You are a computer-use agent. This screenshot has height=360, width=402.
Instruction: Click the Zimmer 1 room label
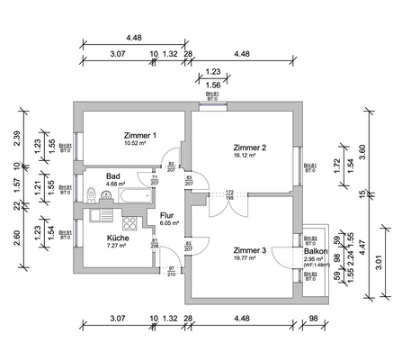pyautogui.click(x=140, y=135)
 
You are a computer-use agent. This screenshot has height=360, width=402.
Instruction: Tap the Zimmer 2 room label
pyautogui.click(x=249, y=148)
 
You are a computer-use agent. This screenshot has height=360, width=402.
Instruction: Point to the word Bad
pyautogui.click(x=113, y=176)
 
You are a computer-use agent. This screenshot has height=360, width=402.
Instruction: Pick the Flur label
pyautogui.click(x=166, y=216)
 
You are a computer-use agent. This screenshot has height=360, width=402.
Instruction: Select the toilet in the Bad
pyautogui.click(x=94, y=193)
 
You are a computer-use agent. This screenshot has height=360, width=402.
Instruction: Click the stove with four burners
pyautogui.click(x=130, y=222)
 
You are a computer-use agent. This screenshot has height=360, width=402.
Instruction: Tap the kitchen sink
pyautogui.click(x=102, y=217)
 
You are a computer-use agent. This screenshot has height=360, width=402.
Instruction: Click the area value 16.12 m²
pyautogui.click(x=245, y=156)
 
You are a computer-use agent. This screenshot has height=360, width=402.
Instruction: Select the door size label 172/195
pyautogui.click(x=229, y=195)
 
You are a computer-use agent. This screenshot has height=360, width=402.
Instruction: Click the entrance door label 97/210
pyautogui.click(x=171, y=271)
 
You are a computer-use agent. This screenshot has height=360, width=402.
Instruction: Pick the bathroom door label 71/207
pyautogui.click(x=154, y=180)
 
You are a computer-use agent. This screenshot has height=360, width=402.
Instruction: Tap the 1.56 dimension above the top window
pyautogui.click(x=213, y=85)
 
